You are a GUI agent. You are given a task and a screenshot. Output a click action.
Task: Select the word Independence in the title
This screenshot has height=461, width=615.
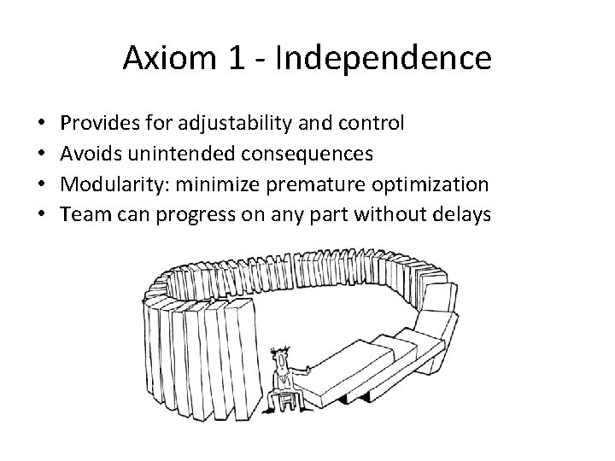coord(383,57)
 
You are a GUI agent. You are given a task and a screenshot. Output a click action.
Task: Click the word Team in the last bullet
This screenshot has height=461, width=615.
coord(85,214)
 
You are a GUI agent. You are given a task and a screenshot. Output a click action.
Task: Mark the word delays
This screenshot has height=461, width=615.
coord(463,214)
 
